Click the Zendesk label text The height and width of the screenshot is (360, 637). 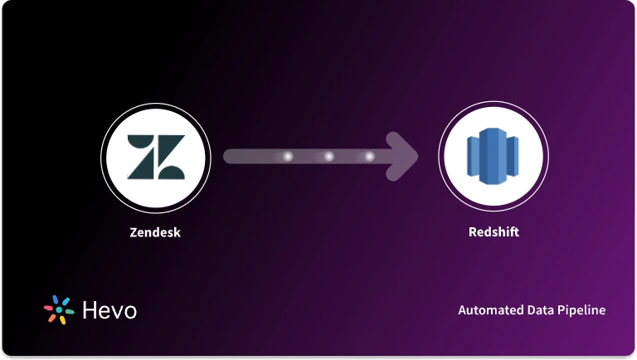point(155,232)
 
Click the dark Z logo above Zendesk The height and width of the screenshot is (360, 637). point(156,156)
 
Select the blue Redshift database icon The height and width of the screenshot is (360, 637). point(492,157)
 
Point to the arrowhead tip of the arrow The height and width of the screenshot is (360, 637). point(416,156)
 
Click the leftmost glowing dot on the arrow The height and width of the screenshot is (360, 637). point(289,156)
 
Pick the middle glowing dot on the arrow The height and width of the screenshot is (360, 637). point(328,156)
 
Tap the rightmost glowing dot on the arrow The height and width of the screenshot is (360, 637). point(369,156)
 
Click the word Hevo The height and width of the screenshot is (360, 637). point(109,310)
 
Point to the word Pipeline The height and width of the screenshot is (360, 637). point(583,310)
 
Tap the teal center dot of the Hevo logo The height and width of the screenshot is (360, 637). point(59,309)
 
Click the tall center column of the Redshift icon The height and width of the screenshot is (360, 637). point(492,157)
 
